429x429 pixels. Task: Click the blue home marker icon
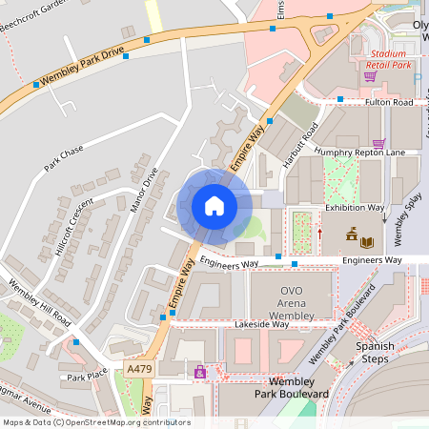click(x=214, y=205)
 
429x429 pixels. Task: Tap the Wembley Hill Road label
click(x=39, y=304)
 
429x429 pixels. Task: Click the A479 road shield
click(x=138, y=368)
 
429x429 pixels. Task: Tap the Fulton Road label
click(x=389, y=102)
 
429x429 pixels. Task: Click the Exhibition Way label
click(x=355, y=207)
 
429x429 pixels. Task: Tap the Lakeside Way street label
click(x=261, y=324)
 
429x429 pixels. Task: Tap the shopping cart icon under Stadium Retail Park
click(x=370, y=76)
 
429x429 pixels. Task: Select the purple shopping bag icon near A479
click(x=200, y=372)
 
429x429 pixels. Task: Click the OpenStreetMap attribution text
click(x=95, y=422)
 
